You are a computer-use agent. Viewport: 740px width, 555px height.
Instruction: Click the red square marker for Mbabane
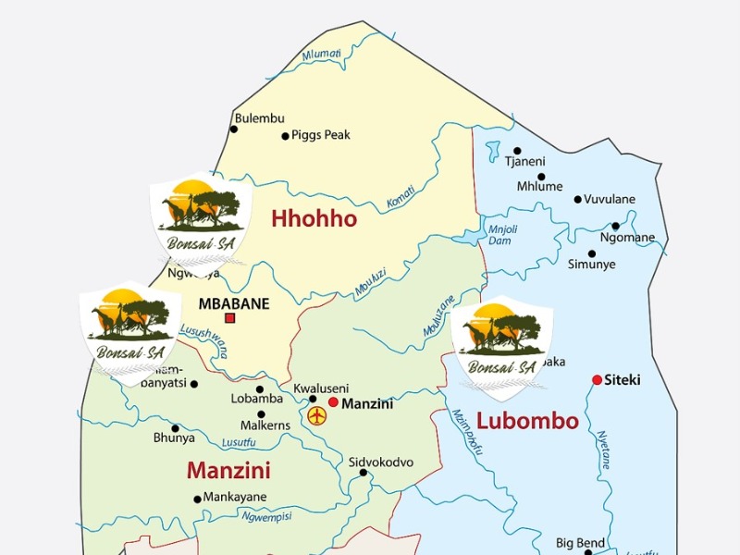coord(230,318)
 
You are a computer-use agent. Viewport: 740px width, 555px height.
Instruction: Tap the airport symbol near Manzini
coord(318,415)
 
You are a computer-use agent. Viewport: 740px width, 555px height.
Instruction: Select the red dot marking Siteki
coord(598,380)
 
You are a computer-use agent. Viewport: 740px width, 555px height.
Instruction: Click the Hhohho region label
coord(314,219)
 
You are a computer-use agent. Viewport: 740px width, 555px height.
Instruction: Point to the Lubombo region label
coord(526,422)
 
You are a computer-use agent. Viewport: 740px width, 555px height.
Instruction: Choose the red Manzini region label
coord(228,471)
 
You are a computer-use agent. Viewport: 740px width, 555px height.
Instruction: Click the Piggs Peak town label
coord(321,135)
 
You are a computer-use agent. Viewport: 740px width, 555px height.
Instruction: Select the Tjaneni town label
coord(524,162)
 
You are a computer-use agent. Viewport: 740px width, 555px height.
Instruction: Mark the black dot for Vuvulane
coord(578,199)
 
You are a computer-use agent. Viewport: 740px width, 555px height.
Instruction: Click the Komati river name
coord(400,195)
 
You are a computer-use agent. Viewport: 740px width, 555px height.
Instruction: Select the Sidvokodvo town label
coord(380,462)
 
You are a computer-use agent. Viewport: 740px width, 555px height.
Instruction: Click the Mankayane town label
coord(235,497)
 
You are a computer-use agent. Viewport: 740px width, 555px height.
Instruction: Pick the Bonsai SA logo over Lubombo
coord(501,347)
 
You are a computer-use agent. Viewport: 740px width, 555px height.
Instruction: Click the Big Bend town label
coord(580,542)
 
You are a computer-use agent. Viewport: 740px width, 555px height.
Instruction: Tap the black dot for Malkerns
coord(261,414)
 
